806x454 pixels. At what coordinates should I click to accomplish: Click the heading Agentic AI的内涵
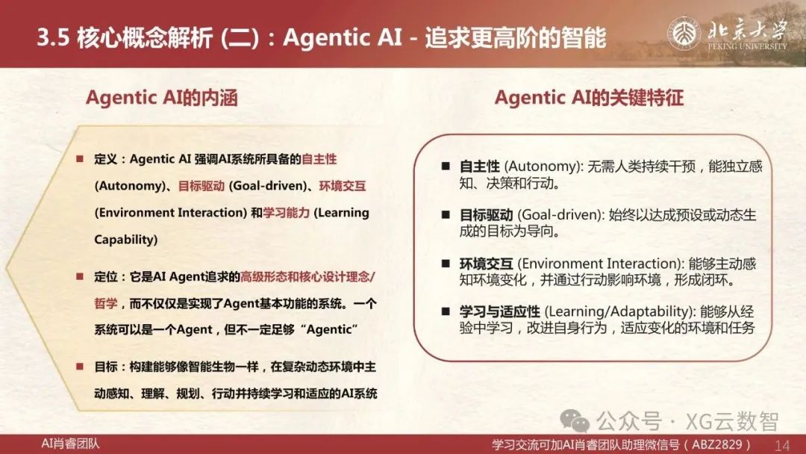tap(162, 98)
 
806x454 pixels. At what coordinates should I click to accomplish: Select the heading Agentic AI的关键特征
tap(589, 98)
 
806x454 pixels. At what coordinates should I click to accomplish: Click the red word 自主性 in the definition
tap(319, 159)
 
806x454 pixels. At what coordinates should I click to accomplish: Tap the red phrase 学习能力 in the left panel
tap(287, 213)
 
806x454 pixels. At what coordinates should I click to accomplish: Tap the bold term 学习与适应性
tap(500, 311)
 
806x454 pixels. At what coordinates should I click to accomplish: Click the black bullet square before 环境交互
tap(446, 264)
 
